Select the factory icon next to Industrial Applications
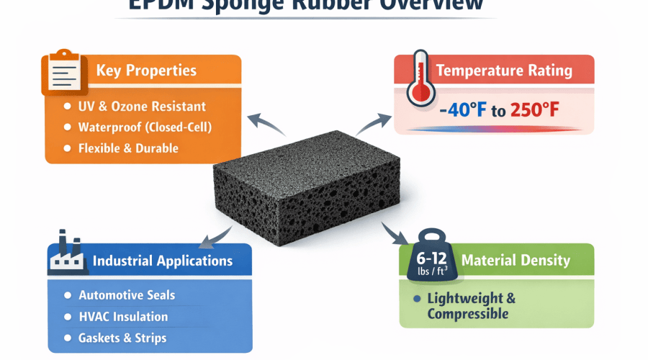(67, 257)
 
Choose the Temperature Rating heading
(504, 71)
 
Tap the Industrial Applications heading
(163, 260)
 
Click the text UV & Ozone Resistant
(142, 107)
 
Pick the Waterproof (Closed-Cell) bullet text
(149, 127)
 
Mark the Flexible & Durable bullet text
(128, 148)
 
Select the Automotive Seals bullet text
(127, 295)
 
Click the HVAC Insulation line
(123, 317)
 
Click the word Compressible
(468, 314)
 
